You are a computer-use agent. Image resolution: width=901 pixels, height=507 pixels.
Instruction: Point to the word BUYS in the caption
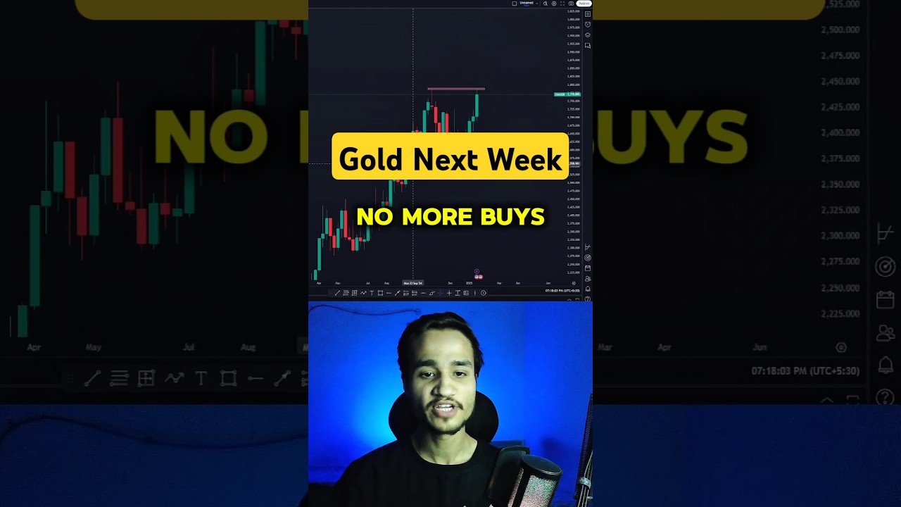click(512, 217)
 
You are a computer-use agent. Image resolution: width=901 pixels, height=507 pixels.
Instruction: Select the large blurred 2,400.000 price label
click(840, 132)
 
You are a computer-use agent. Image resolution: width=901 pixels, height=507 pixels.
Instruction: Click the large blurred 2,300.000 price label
click(840, 235)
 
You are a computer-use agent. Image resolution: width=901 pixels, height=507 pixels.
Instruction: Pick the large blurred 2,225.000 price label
click(840, 313)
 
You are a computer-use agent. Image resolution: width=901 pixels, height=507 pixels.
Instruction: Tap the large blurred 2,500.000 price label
click(840, 30)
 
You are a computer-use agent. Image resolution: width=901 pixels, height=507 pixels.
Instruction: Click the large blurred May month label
click(94, 347)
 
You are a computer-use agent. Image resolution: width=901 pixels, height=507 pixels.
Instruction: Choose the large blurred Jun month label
click(760, 347)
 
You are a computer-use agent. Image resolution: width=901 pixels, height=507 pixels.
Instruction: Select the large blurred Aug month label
click(248, 347)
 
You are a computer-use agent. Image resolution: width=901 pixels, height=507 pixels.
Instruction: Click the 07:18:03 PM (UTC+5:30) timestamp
click(805, 370)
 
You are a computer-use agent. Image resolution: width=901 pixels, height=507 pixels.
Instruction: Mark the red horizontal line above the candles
click(455, 89)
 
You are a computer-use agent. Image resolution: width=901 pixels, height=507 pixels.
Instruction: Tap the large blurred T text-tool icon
click(201, 379)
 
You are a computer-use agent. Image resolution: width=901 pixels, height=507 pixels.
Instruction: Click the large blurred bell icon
click(885, 365)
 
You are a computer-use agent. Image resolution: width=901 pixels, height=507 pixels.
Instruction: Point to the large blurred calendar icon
click(885, 300)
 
